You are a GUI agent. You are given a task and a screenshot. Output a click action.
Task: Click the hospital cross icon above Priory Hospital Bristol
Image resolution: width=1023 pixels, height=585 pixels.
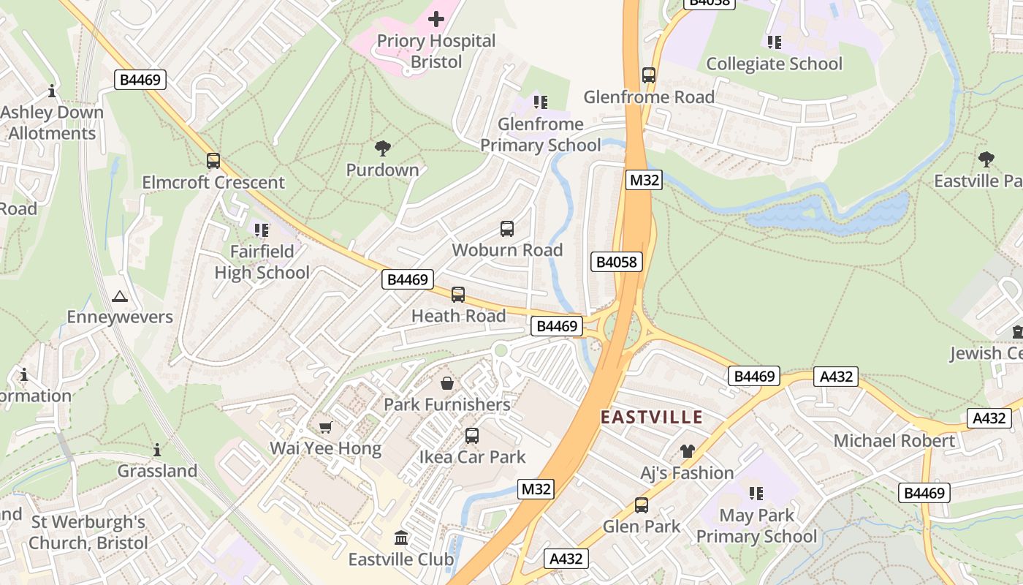436,19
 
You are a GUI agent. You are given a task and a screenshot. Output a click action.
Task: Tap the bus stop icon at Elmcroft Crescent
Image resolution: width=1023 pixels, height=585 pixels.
213,161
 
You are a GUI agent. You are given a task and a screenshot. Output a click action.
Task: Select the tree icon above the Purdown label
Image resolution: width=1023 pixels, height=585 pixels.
382,149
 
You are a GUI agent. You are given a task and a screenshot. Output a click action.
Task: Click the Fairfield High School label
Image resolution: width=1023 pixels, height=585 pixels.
262,262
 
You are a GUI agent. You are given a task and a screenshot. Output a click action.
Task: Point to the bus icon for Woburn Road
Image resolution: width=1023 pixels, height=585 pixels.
507,229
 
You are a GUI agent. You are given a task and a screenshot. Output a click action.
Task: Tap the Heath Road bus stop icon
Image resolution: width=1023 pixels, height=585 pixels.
458,295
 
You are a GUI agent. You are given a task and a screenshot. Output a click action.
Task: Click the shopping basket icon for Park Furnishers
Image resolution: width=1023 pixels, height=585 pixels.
446,383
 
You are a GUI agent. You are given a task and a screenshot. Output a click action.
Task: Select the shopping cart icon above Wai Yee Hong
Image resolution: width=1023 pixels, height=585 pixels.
326,427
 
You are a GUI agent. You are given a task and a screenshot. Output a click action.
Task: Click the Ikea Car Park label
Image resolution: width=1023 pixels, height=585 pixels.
472,457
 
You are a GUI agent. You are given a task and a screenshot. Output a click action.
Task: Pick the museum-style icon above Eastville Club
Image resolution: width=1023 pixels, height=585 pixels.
401,538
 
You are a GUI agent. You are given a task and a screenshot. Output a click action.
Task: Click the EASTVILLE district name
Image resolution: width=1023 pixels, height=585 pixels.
651,418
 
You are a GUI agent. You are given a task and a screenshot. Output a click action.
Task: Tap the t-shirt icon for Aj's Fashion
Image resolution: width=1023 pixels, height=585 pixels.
687,451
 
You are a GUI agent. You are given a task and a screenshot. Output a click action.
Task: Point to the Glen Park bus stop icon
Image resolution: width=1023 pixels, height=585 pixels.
642,505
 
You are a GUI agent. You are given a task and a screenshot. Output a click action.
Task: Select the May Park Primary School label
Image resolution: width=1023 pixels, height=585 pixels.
756,526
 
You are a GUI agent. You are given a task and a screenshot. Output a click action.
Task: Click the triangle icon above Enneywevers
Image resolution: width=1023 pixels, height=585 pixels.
120,296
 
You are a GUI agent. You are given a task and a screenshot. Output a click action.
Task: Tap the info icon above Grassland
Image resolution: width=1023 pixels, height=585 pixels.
157,450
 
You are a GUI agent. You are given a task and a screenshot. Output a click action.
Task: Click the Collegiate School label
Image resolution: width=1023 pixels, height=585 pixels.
774,64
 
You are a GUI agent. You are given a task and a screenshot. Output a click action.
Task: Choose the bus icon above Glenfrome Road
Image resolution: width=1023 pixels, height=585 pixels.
649,75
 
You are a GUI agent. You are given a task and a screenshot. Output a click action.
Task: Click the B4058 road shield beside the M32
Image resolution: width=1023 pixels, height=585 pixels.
617,262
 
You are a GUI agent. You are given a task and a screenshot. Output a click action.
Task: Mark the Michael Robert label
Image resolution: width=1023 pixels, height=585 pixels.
894,441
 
